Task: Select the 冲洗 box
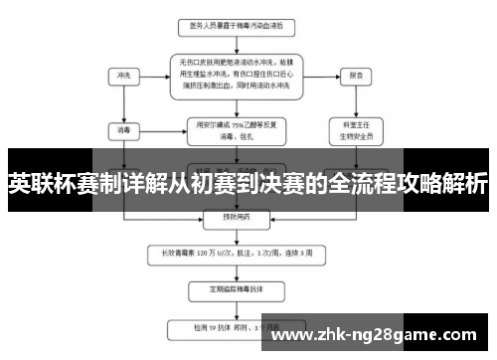pos(123,75)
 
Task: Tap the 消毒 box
pos(123,129)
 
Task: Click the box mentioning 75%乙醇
pos(239,129)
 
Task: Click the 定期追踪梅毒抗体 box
pos(239,290)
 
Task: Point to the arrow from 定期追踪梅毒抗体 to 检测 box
pos(239,309)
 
